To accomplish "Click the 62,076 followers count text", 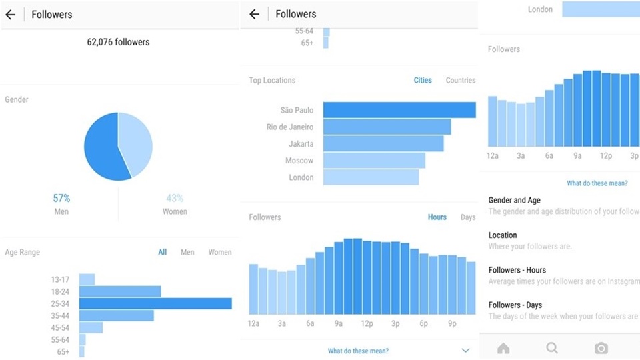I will pos(118,42).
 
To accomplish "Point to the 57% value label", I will pos(61,198).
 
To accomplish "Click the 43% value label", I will pos(175,198).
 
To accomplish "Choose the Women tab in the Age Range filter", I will pos(220,252).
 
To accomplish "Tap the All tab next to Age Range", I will pos(163,252).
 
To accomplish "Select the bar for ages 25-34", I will pos(155,303).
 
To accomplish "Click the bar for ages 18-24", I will pos(120,291).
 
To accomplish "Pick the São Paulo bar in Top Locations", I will pos(399,110).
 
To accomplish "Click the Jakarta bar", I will pos(383,143).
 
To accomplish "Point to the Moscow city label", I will pos(299,161).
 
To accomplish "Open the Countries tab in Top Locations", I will pos(461,80).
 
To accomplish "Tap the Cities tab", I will pos(423,80).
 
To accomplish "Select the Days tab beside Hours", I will pos(468,217).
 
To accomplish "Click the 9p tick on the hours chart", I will pos(452,324).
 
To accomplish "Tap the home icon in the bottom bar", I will pos(503,348).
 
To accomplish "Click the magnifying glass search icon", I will pos(552,348).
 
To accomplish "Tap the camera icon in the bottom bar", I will pos(601,348).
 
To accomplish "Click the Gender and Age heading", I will pos(514,200).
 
